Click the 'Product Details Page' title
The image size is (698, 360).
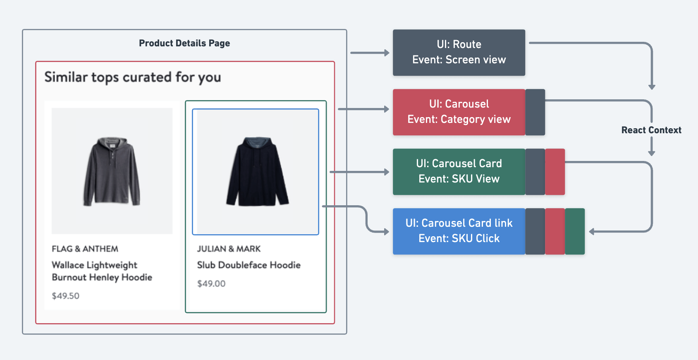[x=184, y=43]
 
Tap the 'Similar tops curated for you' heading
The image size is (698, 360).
[x=133, y=77]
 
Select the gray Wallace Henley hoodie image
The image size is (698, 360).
[x=112, y=171]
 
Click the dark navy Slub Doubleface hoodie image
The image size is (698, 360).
[x=256, y=171]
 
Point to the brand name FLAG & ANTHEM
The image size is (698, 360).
[x=85, y=249]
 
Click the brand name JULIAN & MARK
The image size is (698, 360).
[x=229, y=249]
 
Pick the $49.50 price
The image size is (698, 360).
[x=65, y=296]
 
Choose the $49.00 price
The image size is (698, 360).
[x=211, y=283]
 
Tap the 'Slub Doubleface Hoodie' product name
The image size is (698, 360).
[x=249, y=265]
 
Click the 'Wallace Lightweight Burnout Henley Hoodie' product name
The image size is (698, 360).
[x=102, y=271]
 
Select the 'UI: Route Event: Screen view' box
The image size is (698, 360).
[x=459, y=53]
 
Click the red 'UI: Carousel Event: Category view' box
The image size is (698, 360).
[x=459, y=112]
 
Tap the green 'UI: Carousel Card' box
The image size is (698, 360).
[x=459, y=172]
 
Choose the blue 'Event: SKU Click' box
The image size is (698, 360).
[x=459, y=231]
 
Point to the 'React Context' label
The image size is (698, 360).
[x=651, y=130]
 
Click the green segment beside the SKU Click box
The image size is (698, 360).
[x=575, y=231]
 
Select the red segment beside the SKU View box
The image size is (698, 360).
[x=555, y=172]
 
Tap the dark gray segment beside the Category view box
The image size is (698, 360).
[x=535, y=112]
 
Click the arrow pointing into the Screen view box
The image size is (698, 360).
[x=370, y=53]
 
